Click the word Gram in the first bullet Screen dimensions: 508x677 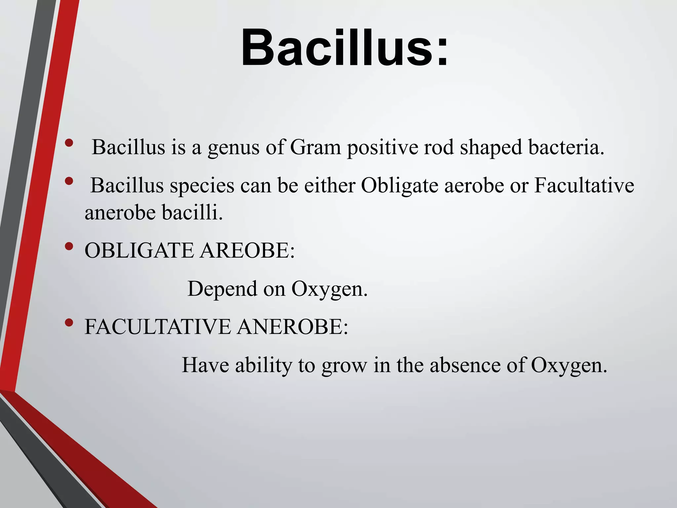coord(315,147)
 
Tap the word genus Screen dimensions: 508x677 coord(233,147)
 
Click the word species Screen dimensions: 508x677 coord(202,186)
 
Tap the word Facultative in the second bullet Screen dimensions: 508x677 coord(584,186)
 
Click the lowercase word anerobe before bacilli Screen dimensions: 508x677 coord(120,213)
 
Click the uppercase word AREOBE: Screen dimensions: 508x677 coord(247,250)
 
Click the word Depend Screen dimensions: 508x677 coord(222,289)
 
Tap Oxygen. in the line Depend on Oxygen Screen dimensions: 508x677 coord(329,289)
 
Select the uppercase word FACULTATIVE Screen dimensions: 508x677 coord(158,327)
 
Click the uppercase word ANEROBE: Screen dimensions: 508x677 coord(292,327)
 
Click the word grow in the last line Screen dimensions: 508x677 coord(344,366)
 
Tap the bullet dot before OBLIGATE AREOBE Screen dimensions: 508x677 coord(69,246)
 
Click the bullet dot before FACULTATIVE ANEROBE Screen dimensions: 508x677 coord(69,322)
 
